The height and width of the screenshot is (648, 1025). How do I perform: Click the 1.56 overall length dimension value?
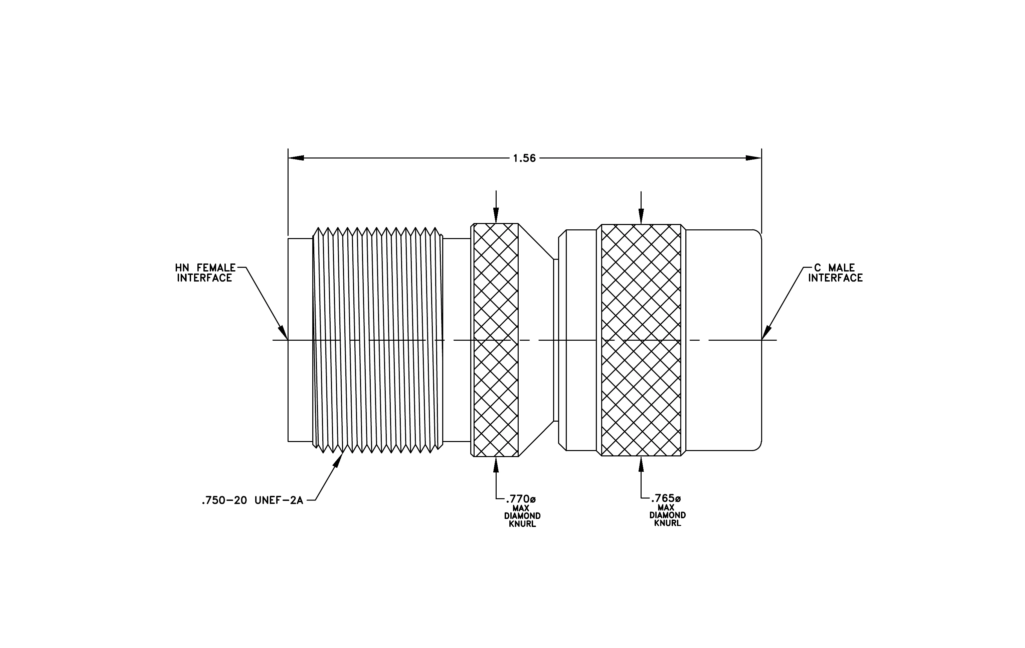[x=524, y=158]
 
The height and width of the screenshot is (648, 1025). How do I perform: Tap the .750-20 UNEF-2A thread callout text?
[x=252, y=500]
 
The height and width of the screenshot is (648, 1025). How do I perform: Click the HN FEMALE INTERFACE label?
[x=205, y=273]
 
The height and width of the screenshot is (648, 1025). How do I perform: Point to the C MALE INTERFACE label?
[x=835, y=273]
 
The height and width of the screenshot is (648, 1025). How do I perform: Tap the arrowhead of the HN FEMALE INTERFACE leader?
[x=283, y=333]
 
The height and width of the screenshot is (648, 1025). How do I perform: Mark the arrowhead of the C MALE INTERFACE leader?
[x=766, y=333]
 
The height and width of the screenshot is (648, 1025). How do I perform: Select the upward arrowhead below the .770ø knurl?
[x=496, y=465]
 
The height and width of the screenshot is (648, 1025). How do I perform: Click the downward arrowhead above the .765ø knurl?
[x=641, y=216]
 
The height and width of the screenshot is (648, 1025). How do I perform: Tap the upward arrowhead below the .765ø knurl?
[x=641, y=465]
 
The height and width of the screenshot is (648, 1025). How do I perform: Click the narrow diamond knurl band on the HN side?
[x=496, y=340]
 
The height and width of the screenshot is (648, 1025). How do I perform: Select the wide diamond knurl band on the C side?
[x=641, y=340]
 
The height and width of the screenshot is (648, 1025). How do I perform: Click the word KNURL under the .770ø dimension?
[x=522, y=524]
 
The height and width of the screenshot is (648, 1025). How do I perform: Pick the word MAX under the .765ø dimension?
[x=666, y=508]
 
